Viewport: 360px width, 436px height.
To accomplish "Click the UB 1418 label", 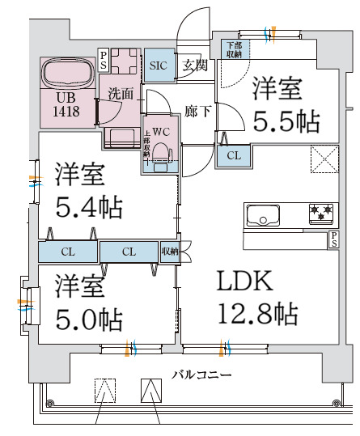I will click(67, 105).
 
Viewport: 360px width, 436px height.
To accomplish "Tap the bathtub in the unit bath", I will click(67, 74).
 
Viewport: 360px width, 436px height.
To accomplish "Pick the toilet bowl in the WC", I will click(162, 153).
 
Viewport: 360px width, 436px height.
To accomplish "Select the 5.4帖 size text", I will click(89, 207).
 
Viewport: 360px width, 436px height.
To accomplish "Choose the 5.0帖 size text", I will click(89, 317).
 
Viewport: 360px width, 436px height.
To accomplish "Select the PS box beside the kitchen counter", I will click(333, 239).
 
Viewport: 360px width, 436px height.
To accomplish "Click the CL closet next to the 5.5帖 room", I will click(232, 155).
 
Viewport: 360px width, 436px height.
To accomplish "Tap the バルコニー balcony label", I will click(201, 375).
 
